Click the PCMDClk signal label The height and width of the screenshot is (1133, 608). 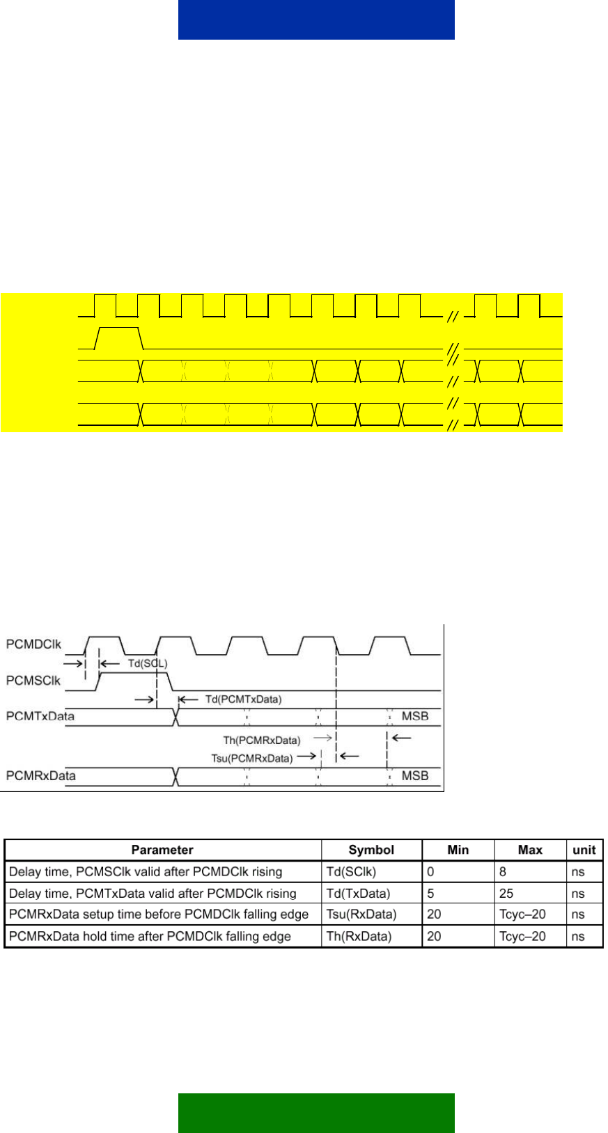pos(33,644)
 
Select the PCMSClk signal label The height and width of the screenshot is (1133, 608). pos(33,681)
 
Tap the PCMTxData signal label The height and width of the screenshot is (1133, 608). pos(40,716)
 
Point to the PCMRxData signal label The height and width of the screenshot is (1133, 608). pos(40,776)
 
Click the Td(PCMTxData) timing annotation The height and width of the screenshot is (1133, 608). pos(243,699)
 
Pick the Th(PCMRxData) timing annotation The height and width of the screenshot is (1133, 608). pos(261,740)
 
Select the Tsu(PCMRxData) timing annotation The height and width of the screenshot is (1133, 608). pos(251,759)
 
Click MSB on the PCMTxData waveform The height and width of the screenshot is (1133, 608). pos(415,716)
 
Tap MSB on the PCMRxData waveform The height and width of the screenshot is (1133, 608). pos(415,776)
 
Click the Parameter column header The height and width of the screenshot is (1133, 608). pos(162,850)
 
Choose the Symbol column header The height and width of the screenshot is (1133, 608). pos(371,850)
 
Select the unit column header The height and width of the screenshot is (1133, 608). pos(584,850)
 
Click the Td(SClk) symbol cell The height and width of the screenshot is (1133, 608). pos(351,872)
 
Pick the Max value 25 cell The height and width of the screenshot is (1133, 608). pos(506,894)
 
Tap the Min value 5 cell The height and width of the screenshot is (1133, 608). pos(430,894)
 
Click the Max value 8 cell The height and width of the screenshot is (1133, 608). pos(503,872)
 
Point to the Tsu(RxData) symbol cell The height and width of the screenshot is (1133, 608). pos(361,914)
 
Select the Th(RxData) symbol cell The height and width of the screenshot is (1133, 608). pos(359,937)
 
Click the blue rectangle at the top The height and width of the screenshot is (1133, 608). pos(316,19)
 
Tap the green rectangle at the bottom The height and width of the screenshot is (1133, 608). pos(316,1113)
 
